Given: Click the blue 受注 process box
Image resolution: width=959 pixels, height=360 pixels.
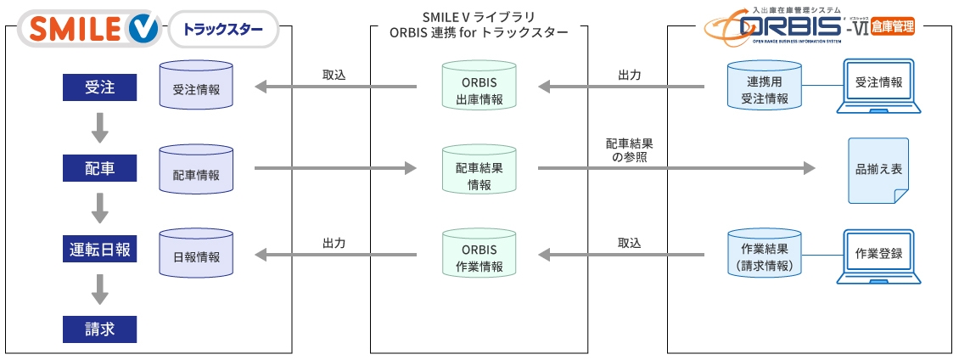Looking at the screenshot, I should point(100,87).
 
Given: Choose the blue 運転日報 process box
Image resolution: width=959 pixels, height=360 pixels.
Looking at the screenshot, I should point(100,250).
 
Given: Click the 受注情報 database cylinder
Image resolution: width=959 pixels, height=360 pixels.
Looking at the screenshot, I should point(196,86).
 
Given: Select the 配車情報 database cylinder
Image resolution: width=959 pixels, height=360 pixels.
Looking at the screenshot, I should point(196,169).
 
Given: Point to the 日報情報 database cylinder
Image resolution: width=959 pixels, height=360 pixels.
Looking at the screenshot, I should point(196,252).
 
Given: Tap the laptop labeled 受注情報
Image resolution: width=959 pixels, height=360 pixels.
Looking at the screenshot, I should point(878,87).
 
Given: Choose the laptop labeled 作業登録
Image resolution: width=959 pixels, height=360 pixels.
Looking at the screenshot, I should point(878,256).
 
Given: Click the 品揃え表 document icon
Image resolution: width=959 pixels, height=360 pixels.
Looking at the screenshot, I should point(878,170).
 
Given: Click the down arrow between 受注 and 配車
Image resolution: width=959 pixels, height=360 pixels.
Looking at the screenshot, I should point(100,127).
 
